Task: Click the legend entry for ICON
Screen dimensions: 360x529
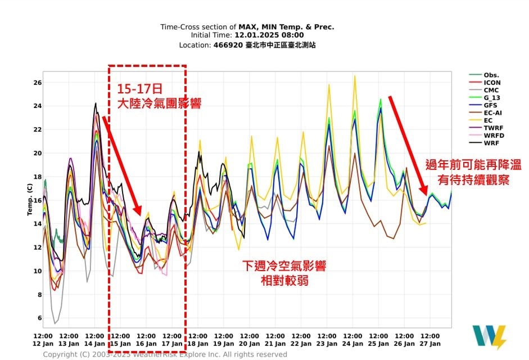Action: [x=491, y=83]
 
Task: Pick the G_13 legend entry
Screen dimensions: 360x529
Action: [x=492, y=97]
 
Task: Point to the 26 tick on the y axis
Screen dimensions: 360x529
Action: [x=37, y=83]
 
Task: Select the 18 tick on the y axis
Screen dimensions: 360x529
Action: [x=37, y=177]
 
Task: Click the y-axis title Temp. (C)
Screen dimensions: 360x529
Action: [x=29, y=200]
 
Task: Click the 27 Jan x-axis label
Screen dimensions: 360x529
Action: [x=430, y=344]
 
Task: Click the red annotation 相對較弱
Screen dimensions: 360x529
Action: [x=284, y=280]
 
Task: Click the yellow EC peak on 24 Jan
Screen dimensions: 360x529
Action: [x=355, y=76]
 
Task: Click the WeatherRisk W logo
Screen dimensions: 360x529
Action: [x=489, y=337]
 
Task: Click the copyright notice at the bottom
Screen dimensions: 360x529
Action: [x=165, y=354]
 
